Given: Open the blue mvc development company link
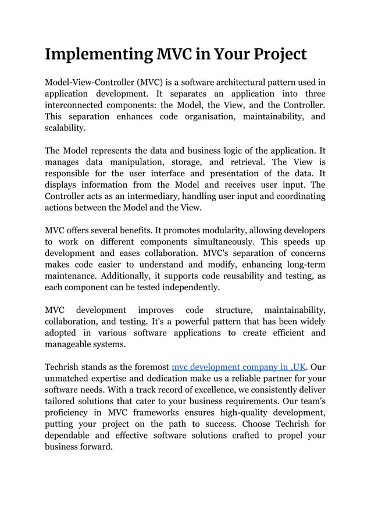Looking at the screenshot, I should [x=238, y=367].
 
